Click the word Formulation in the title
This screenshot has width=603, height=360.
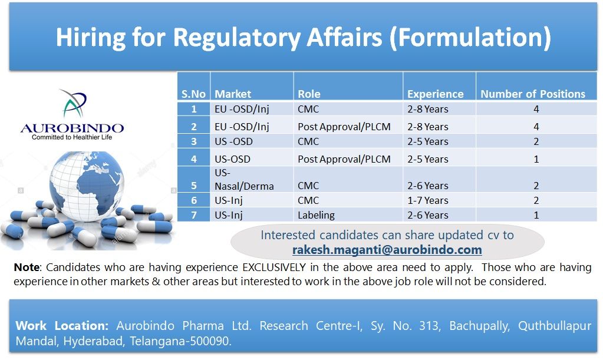[x=470, y=38]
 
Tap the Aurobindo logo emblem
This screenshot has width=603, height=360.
[x=73, y=103]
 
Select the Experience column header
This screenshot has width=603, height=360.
[x=436, y=94]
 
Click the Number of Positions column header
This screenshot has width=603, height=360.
[x=533, y=94]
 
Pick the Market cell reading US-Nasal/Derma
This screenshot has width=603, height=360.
[x=244, y=179]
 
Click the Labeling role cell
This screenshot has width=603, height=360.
[x=316, y=215]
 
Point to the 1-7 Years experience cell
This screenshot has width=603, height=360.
[x=427, y=200]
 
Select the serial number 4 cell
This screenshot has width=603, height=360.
[x=194, y=159]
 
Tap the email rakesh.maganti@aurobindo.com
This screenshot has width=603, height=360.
[x=387, y=250]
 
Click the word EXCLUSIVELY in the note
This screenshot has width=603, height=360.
[x=274, y=267]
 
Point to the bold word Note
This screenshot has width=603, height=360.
[x=27, y=267]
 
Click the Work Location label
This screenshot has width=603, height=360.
[x=62, y=326]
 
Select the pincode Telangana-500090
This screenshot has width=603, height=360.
[x=180, y=341]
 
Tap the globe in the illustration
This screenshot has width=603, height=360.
[x=87, y=186]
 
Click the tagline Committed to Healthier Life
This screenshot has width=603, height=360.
[x=72, y=137]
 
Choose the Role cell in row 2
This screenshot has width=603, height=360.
[x=344, y=127]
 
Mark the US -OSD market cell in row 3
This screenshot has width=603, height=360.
[x=233, y=141]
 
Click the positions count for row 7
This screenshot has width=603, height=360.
[x=536, y=215]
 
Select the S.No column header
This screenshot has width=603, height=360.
[x=193, y=94]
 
